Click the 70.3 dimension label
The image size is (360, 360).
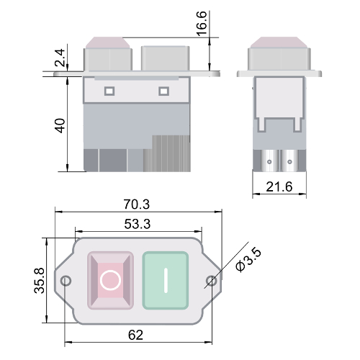tap(137, 204)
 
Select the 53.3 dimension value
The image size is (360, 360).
tap(138, 224)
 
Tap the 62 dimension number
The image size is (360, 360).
tap(135, 335)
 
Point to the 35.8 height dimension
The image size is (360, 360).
tap(40, 280)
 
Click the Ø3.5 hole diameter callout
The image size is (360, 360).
tap(248, 260)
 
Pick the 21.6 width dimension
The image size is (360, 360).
tap(279, 186)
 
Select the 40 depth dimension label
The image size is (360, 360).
tap(60, 125)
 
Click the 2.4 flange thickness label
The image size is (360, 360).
tap(60, 58)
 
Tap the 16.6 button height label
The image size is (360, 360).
tap(202, 24)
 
